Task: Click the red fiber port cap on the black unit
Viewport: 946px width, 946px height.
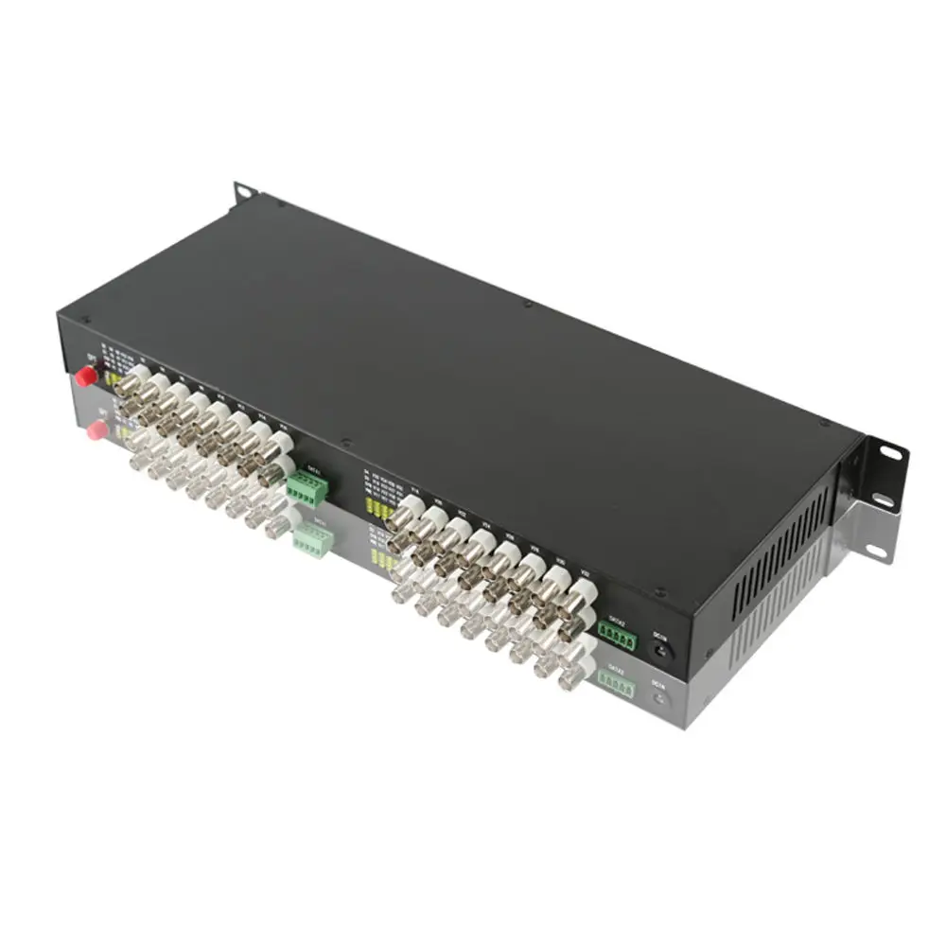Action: (86, 377)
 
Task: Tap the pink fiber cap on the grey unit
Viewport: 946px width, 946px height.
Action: (96, 431)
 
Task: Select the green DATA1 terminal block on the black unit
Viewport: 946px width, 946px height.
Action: (309, 488)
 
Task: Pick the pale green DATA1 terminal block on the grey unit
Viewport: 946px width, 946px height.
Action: (313, 541)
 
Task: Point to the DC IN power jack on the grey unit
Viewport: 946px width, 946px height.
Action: (661, 699)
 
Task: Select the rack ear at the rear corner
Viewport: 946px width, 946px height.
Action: (244, 191)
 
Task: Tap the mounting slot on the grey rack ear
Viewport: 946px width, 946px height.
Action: (876, 551)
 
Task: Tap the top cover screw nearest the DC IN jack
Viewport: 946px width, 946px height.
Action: (659, 594)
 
